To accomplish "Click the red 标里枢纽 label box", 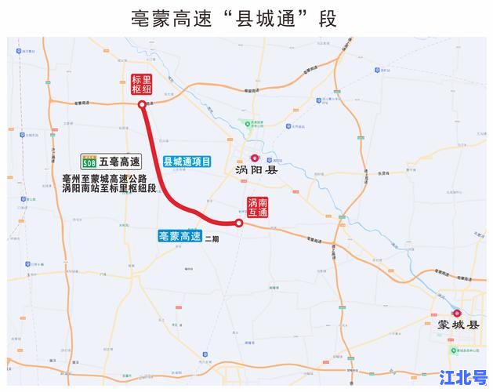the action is tap(141, 85).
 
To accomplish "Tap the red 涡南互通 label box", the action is tap(258, 207).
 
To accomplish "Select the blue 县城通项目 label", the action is tap(187, 162).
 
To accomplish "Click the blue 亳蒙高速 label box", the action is tap(179, 236).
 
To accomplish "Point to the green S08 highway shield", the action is tap(89, 162).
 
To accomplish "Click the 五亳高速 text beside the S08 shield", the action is tap(119, 162).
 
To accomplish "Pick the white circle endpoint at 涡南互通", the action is tap(239, 223).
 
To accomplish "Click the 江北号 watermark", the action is tap(463, 377).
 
